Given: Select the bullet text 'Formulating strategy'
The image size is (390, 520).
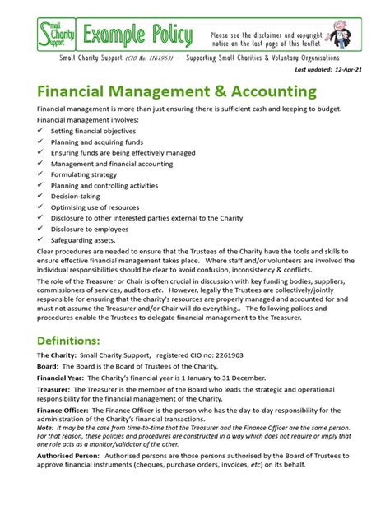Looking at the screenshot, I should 84,174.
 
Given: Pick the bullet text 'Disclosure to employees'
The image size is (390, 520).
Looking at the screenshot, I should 91,230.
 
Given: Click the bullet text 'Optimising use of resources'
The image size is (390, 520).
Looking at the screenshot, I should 95,207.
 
